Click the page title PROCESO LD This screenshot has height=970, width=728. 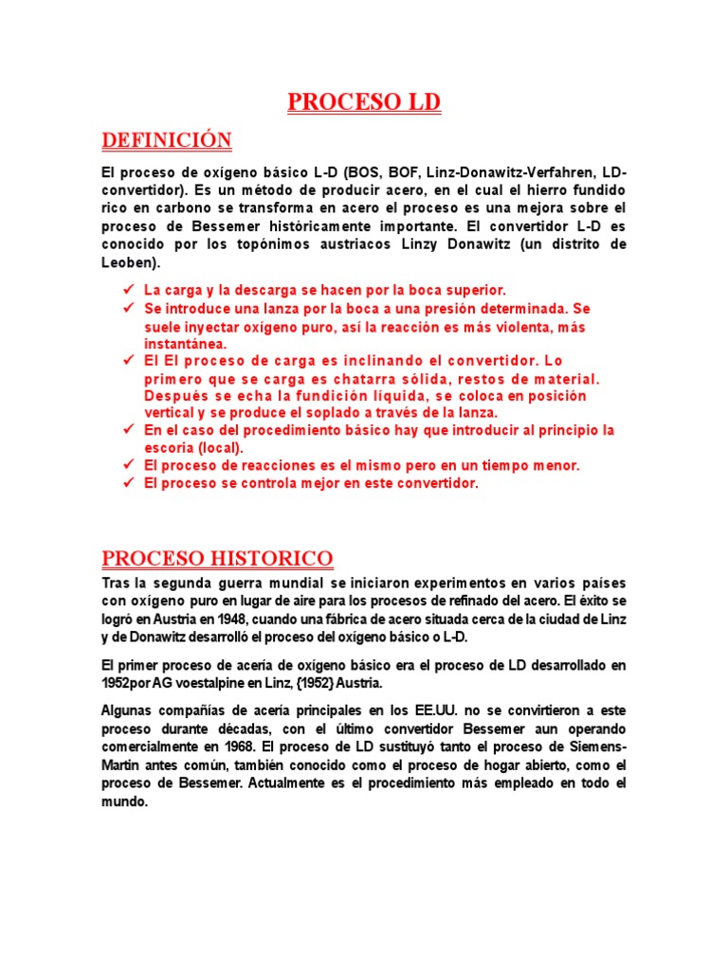click(x=364, y=102)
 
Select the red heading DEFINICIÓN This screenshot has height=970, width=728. click(x=166, y=140)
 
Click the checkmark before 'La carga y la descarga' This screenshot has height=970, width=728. click(x=128, y=290)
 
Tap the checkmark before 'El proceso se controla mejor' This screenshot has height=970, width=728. click(x=128, y=483)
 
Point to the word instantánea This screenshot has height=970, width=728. click(x=185, y=344)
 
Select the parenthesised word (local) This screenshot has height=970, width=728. click(x=221, y=448)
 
